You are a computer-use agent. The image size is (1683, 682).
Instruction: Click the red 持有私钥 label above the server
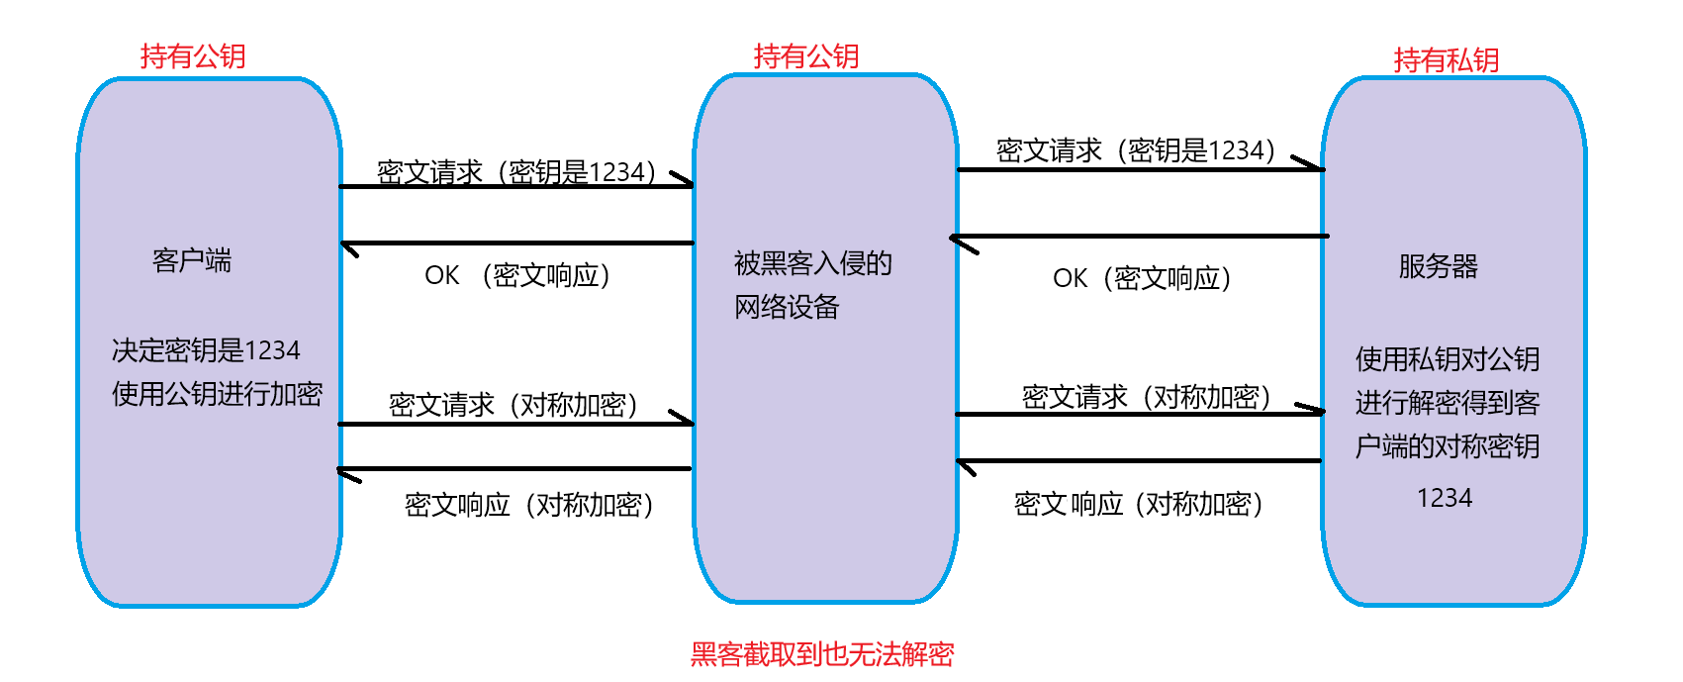1446,60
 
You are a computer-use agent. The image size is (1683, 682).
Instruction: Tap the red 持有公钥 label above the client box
193,56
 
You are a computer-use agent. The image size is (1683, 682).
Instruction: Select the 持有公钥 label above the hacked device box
806,56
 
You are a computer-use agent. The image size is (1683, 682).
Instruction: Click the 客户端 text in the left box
192,260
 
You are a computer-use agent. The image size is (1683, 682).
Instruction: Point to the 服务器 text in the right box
1438,266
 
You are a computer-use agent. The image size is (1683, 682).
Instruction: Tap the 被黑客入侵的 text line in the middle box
812,263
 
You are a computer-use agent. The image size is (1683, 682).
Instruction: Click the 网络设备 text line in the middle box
787,307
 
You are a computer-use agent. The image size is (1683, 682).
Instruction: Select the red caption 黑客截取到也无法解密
822,654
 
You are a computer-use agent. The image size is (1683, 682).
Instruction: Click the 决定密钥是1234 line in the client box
206,350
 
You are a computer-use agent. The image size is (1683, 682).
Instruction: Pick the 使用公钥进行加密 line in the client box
217,394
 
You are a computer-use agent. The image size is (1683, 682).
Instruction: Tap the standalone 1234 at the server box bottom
1445,498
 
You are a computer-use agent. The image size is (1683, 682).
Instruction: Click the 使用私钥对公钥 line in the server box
1447,358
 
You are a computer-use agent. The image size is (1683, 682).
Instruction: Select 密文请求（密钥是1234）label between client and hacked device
516,172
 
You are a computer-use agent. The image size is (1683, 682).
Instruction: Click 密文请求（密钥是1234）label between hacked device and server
1136,150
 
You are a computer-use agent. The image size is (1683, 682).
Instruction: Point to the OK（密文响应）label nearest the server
1142,278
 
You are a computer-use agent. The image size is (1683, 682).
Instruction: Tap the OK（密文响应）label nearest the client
517,275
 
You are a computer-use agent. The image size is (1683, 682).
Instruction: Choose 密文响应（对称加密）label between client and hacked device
529,505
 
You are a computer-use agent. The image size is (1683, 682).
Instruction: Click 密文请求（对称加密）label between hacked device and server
1146,397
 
